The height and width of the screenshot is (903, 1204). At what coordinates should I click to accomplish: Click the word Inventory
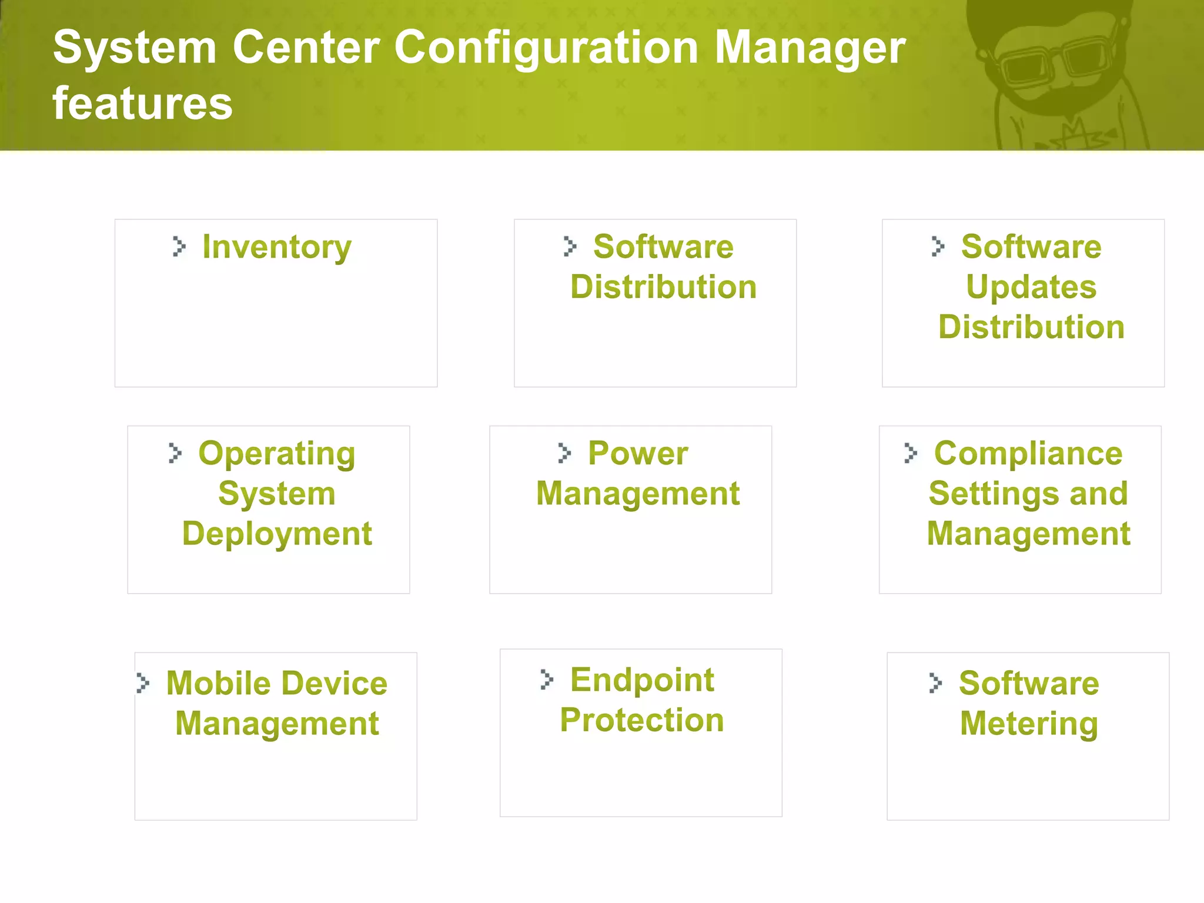pyautogui.click(x=277, y=247)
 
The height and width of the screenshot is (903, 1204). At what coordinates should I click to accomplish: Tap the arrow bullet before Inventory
pyautogui.click(x=179, y=246)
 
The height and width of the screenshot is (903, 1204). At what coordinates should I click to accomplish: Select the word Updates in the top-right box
pyautogui.click(x=1031, y=287)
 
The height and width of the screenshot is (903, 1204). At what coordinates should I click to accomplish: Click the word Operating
pyautogui.click(x=277, y=454)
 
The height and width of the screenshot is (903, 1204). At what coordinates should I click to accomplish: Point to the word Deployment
pyautogui.click(x=277, y=534)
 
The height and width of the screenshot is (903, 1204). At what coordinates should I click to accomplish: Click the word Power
pyautogui.click(x=638, y=454)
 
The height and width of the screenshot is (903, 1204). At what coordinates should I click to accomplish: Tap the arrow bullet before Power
pyautogui.click(x=564, y=453)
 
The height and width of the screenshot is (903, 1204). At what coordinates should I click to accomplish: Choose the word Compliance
pyautogui.click(x=1028, y=454)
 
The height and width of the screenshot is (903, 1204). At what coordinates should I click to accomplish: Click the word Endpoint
pyautogui.click(x=642, y=680)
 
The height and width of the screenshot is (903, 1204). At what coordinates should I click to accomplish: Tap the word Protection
pyautogui.click(x=642, y=720)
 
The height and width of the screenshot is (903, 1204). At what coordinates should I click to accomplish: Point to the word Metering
pyautogui.click(x=1029, y=724)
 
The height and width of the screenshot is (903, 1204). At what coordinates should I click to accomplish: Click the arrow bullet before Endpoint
pyautogui.click(x=547, y=680)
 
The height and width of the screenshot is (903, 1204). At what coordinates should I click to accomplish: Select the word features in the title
pyautogui.click(x=143, y=104)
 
